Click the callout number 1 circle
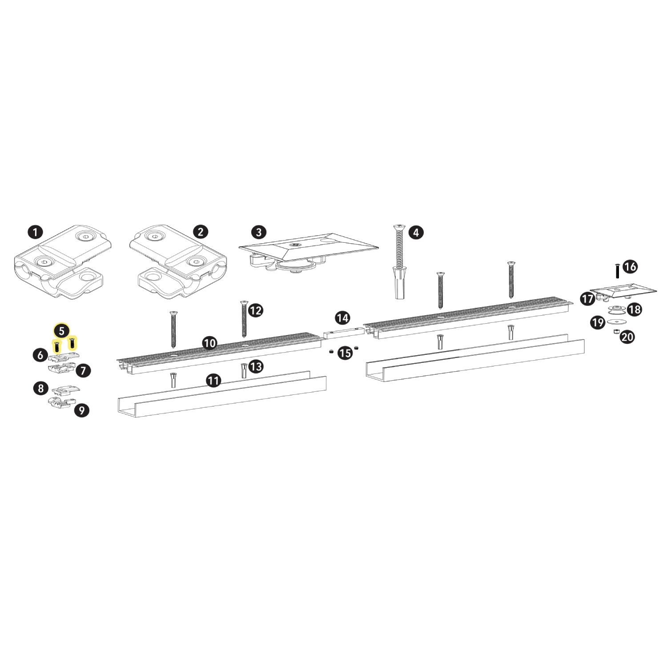35,232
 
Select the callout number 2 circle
201,232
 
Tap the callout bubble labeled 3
259,232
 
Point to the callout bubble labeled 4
416,232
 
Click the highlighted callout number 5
61,331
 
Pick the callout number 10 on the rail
209,343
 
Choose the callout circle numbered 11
213,380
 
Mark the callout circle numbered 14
342,318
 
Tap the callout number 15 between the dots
345,353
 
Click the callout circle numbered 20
627,337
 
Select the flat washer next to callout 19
617,321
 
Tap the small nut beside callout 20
617,331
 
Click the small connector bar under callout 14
343,333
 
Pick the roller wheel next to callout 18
617,309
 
